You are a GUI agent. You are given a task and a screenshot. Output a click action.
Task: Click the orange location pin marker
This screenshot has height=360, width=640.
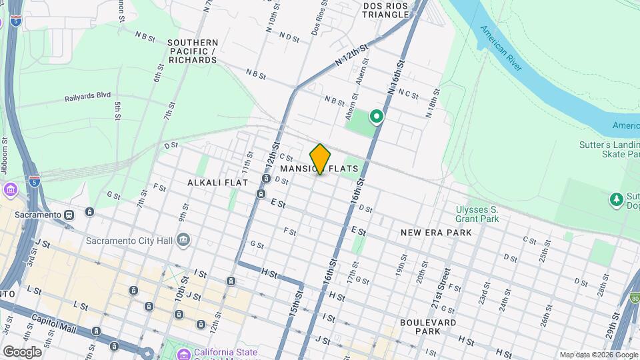point(320,159)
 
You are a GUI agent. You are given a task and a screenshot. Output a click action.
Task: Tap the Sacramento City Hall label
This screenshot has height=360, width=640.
point(129,240)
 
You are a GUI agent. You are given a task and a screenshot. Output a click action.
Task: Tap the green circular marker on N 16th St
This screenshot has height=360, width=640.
point(377,117)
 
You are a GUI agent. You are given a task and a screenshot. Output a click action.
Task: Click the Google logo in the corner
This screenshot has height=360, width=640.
point(21,351)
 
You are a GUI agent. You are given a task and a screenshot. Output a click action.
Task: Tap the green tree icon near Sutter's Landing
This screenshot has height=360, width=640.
point(616,199)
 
